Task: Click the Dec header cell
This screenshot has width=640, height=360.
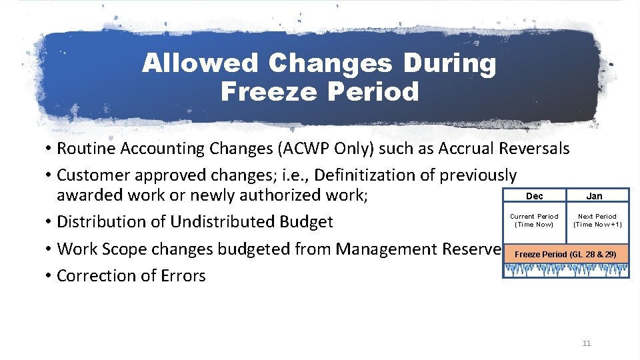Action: pos(534,196)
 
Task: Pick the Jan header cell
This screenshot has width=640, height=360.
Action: pos(594,196)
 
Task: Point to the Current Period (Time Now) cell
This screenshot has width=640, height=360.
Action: pos(534,220)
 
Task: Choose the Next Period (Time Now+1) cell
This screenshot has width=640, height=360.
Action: pos(597,220)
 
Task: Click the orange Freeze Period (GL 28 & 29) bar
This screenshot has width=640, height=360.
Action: pos(565,255)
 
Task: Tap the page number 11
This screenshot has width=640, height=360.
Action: pos(587,343)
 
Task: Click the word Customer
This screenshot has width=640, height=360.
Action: pos(93,175)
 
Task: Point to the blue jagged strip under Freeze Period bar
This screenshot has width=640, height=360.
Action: pos(565,269)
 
